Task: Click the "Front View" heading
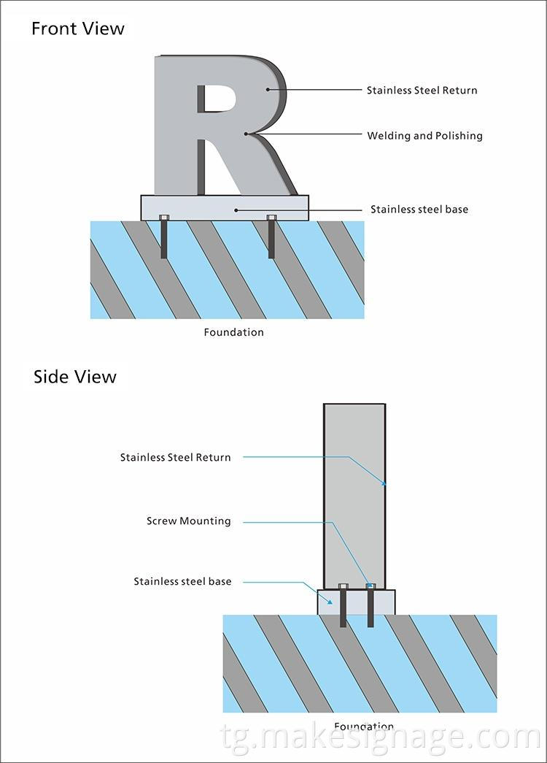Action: (x=77, y=29)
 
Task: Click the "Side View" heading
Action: (x=74, y=377)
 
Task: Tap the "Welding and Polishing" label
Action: (x=424, y=136)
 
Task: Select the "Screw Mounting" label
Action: (x=188, y=521)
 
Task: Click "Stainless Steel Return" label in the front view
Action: (x=422, y=91)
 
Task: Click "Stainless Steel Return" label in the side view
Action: (x=175, y=458)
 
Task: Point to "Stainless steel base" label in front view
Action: (x=419, y=210)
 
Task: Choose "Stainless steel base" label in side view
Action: (x=182, y=582)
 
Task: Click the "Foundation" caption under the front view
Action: (x=233, y=332)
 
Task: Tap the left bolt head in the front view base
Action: (x=163, y=218)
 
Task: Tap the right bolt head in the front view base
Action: (x=271, y=218)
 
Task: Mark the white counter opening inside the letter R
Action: (x=212, y=99)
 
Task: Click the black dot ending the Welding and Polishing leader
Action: (x=248, y=134)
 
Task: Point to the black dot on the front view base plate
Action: (x=235, y=210)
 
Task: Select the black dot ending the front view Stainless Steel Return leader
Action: (x=268, y=90)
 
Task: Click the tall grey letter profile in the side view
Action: (x=354, y=496)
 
